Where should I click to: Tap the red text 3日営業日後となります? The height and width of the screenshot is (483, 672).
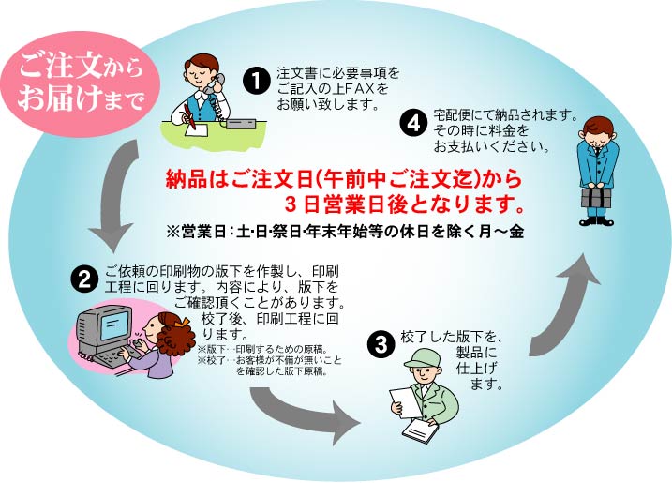(x=403, y=204)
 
